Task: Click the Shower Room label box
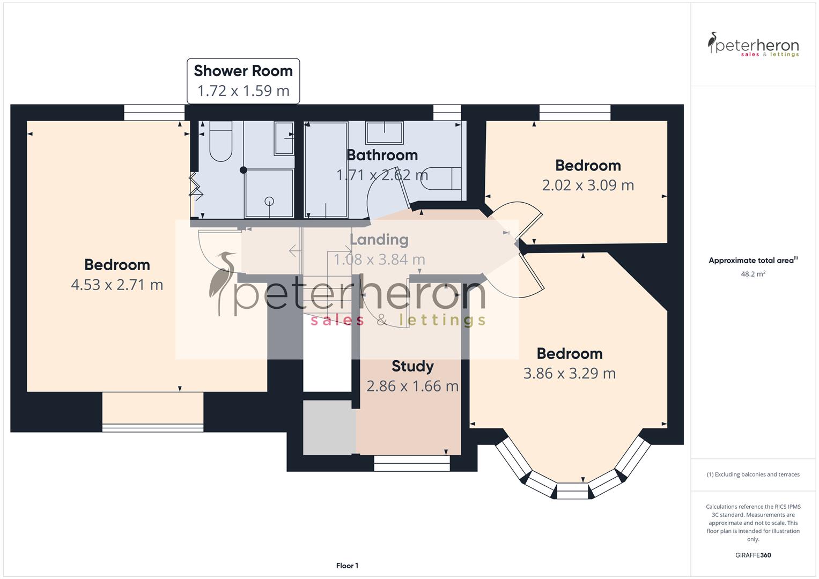[x=243, y=81]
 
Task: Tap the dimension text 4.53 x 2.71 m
[x=117, y=285]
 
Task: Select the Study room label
[x=412, y=366]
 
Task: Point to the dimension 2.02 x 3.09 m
[x=588, y=185]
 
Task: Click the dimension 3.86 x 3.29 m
[x=569, y=373]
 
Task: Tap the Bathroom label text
[x=382, y=155]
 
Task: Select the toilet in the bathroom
[x=441, y=179]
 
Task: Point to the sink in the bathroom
[x=384, y=132]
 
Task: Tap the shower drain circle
[x=269, y=202]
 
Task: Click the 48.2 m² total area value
[x=752, y=274]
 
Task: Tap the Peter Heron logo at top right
[x=753, y=45]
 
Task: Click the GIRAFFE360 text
[x=752, y=555]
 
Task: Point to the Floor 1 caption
[x=347, y=566]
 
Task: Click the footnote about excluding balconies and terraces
[x=752, y=474]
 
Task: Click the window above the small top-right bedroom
[x=574, y=112]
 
